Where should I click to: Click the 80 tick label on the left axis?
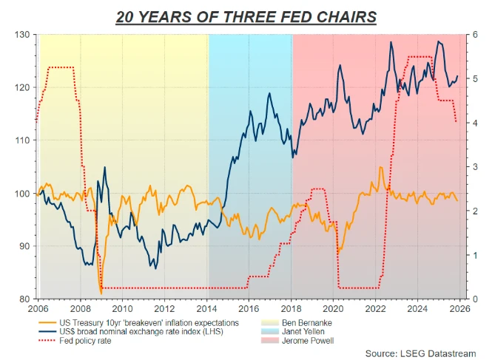24,299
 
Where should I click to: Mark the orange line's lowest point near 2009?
101,294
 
